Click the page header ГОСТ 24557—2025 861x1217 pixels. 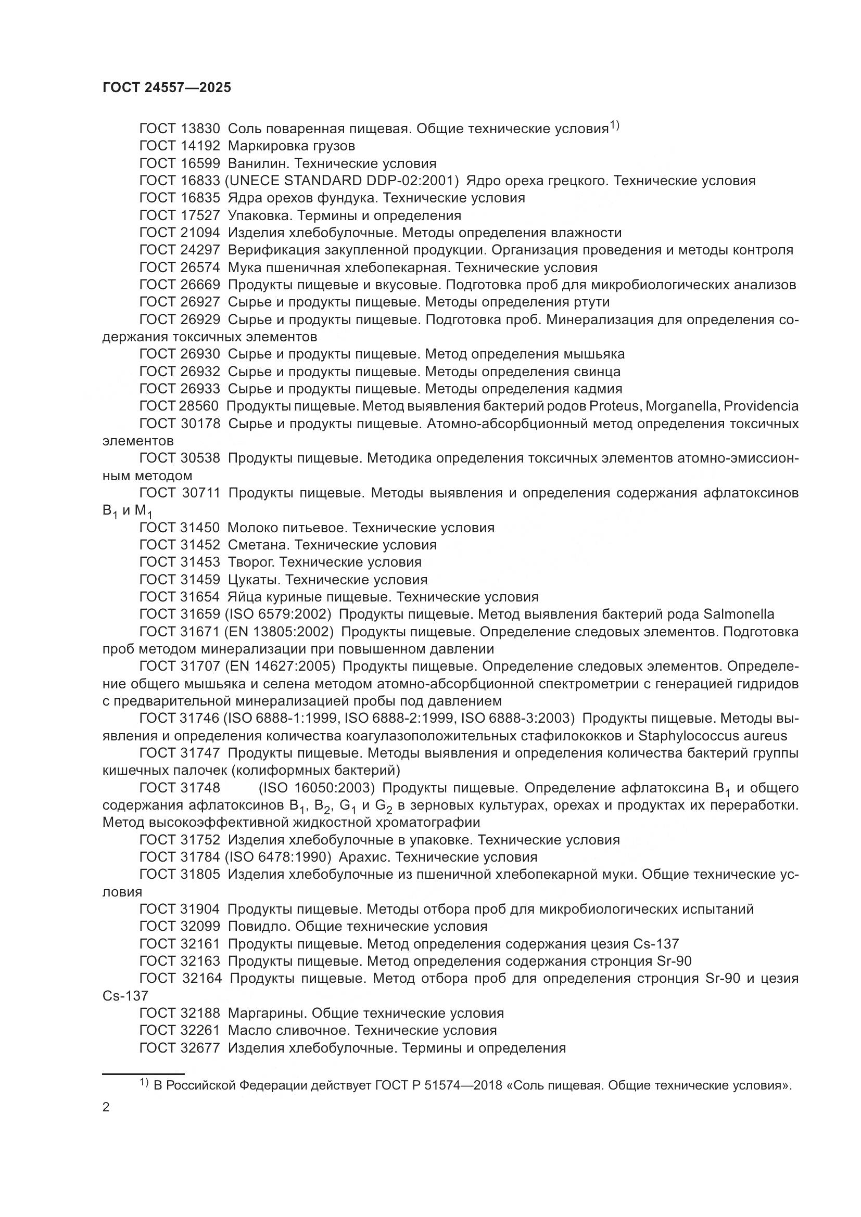pos(167,88)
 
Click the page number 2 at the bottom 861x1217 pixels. pos(106,1107)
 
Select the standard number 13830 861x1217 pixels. pos(200,129)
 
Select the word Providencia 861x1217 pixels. pos(761,406)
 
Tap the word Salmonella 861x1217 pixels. pos(739,614)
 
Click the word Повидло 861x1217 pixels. pos(257,927)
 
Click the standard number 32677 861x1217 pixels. pos(200,1048)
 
